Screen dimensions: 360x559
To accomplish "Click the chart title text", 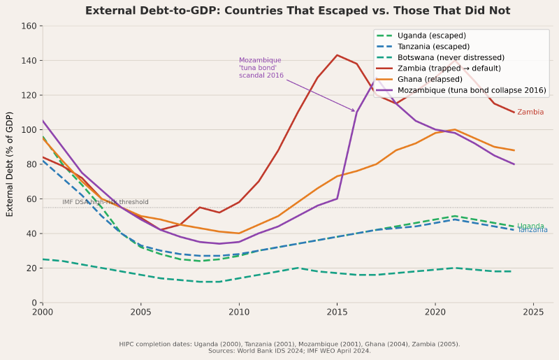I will (x=298, y=10).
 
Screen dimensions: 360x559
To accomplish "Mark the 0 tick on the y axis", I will (x=34, y=302).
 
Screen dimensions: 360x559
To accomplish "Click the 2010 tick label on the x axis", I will (x=239, y=312).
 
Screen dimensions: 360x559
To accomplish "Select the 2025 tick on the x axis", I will (x=533, y=312).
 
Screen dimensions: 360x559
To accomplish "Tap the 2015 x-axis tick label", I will (x=337, y=312).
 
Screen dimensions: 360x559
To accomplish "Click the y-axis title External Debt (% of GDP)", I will (x=10, y=164).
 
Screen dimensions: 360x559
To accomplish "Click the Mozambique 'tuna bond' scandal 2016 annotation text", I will (x=261, y=68).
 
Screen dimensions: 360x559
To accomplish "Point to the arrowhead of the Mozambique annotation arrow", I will (x=355, y=111).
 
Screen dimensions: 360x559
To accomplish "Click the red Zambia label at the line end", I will (x=530, y=113).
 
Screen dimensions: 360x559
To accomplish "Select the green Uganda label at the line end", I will (x=530, y=226).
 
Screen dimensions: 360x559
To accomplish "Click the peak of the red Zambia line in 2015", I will (x=337, y=55).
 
